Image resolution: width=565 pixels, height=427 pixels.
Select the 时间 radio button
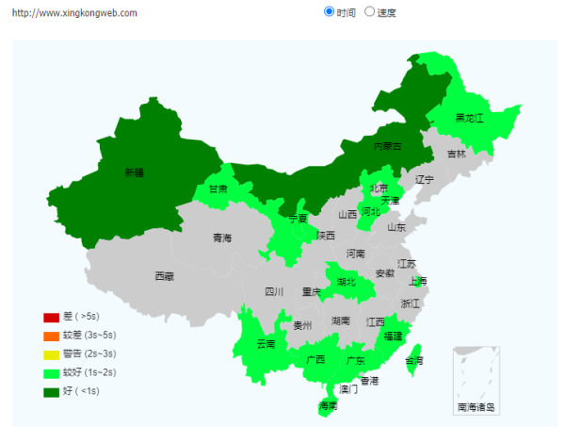tap(329, 12)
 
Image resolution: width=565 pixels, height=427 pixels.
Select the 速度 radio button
tap(369, 12)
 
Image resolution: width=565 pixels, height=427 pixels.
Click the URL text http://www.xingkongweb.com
tap(75, 13)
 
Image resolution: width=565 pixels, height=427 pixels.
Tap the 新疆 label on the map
tap(135, 172)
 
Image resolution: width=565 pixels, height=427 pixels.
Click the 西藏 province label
tap(164, 276)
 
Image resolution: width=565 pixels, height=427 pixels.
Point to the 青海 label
tap(221, 238)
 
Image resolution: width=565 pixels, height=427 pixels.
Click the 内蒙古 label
tap(387, 146)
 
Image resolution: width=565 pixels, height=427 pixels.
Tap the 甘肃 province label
tap(218, 189)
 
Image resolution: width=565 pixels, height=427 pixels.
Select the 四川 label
tap(274, 291)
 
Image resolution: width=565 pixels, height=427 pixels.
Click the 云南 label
tap(266, 344)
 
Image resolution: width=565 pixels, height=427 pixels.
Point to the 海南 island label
tap(328, 406)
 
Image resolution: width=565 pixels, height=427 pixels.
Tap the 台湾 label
tap(413, 361)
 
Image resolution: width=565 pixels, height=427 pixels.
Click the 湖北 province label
tap(347, 281)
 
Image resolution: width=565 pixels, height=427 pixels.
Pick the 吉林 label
tap(456, 154)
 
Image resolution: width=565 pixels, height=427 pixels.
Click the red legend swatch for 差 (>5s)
tap(51, 317)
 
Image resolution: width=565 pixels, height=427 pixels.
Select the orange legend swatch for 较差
tap(51, 336)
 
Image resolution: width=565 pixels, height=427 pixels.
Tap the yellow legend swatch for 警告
tap(51, 354)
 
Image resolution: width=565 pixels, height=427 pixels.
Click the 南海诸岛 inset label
tap(476, 407)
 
